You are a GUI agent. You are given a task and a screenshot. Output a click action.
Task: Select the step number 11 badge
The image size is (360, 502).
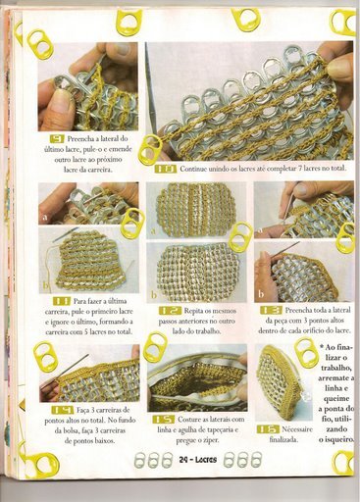coord(61,301)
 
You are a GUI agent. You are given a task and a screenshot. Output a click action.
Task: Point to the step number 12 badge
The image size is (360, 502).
coord(169,310)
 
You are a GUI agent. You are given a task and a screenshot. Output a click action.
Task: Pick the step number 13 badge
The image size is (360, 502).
coord(272,310)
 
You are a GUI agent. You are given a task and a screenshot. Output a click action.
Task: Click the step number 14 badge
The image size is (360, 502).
coord(62,408)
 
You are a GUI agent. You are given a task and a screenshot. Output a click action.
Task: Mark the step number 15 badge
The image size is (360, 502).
coord(164,417)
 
